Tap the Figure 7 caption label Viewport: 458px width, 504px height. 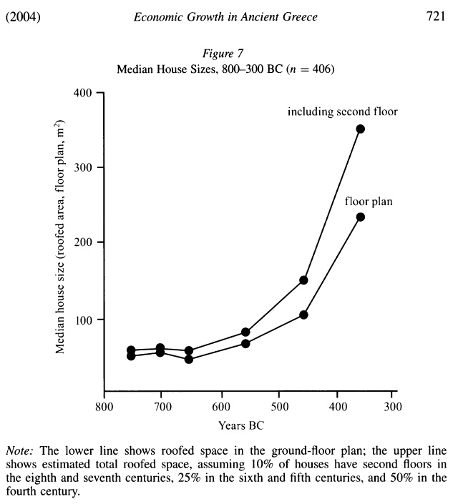click(x=225, y=56)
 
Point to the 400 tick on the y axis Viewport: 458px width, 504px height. click(x=85, y=93)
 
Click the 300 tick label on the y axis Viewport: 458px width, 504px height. click(x=85, y=167)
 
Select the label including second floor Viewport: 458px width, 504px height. click(x=342, y=112)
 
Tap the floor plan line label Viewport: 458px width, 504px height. click(x=369, y=202)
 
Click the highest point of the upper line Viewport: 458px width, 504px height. click(x=361, y=129)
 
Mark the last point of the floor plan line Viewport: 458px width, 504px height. click(x=361, y=217)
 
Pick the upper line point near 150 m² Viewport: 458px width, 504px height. click(x=303, y=280)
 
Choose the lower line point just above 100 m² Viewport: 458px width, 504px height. click(x=303, y=315)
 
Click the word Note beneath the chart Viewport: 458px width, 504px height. click(x=19, y=451)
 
